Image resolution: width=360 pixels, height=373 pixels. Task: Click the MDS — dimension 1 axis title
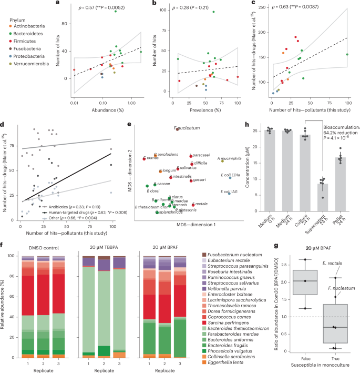[x=181, y=225]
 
